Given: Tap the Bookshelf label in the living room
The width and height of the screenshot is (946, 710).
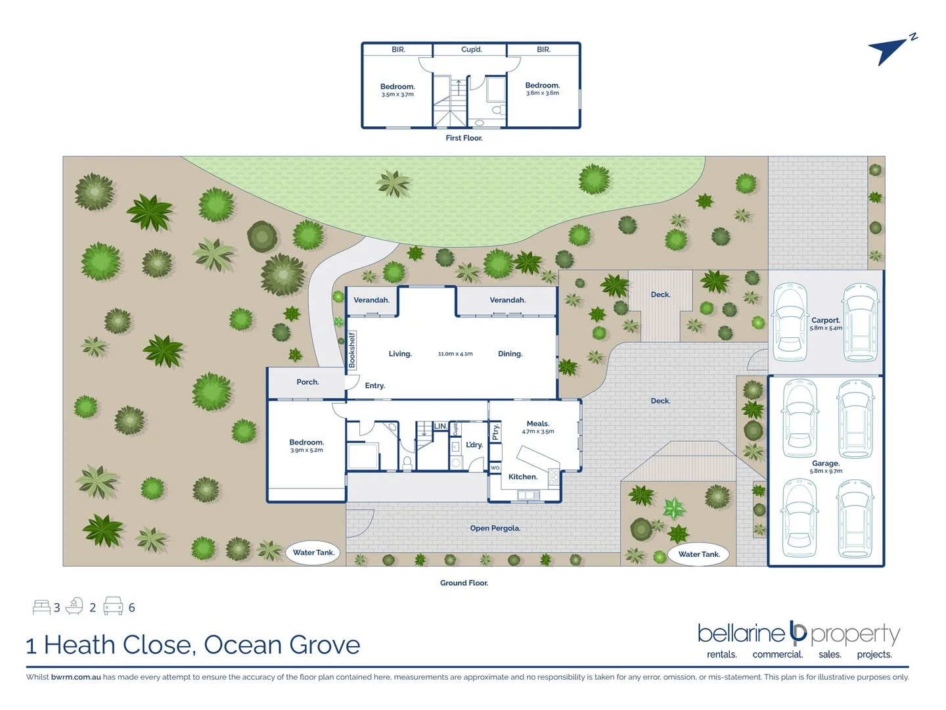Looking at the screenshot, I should (351, 350).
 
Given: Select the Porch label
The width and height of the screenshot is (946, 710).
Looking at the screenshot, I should (307, 382).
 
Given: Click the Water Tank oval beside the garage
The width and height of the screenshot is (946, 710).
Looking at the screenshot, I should (699, 554).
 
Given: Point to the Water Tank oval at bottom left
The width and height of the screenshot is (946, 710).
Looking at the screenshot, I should (313, 552).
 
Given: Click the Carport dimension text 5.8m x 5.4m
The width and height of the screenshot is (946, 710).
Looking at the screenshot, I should (826, 328).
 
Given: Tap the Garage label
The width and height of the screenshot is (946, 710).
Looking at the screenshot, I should (825, 463).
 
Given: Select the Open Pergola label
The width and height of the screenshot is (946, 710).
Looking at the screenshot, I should (495, 528).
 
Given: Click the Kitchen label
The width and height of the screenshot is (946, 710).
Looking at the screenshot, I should (522, 477).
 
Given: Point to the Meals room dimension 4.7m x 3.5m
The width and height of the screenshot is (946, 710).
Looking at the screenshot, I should (537, 432).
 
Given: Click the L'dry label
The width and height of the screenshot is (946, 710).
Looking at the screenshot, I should (474, 445).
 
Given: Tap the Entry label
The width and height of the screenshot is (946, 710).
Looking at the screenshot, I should (374, 386).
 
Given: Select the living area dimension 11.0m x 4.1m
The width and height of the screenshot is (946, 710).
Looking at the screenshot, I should (455, 354).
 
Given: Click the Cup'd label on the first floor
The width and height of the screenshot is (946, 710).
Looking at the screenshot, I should (471, 49).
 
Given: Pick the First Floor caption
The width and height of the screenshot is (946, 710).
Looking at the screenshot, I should (464, 138).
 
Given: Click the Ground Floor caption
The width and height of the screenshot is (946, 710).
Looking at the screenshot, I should (464, 583).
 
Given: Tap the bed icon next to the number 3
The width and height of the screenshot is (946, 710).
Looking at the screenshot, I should (41, 607).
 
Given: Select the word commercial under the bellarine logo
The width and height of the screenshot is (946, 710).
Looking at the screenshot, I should (777, 655).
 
